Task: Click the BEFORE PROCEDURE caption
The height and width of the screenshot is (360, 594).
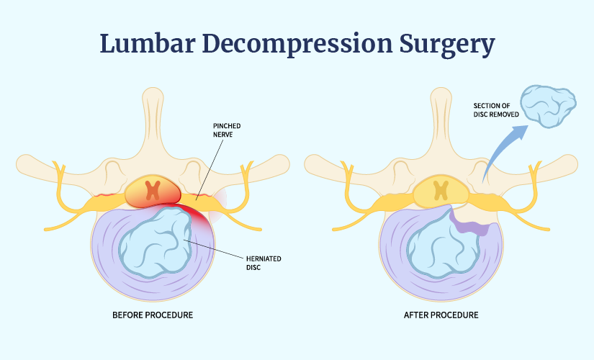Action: pos(153,315)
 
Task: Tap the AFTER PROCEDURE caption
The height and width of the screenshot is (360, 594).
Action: pos(442,315)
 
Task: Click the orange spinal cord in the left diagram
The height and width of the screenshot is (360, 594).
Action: pos(153,192)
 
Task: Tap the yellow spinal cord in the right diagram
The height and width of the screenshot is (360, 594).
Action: pos(441,192)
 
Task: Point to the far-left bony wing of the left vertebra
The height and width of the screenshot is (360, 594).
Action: pos(40,166)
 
